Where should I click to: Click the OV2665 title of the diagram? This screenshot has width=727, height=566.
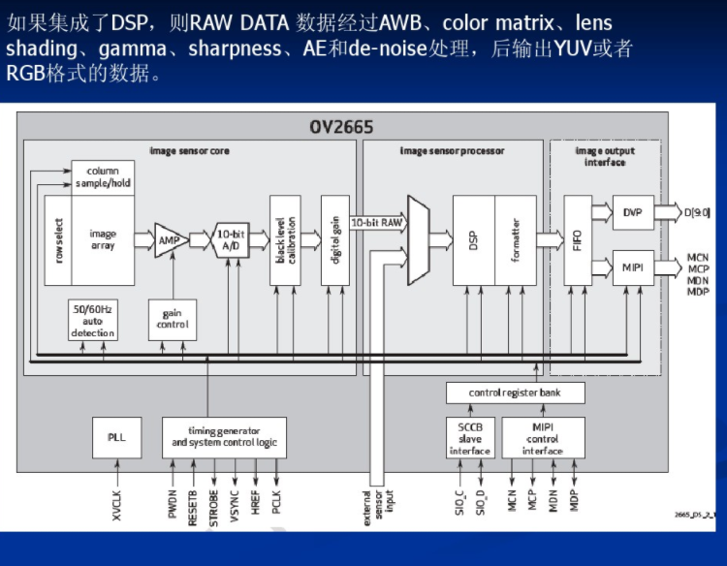click(341, 127)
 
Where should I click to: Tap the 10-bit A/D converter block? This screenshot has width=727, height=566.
click(231, 239)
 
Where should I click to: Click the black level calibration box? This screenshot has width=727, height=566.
click(283, 238)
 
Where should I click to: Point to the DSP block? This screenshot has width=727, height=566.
click(473, 239)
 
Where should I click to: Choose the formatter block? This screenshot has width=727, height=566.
click(515, 239)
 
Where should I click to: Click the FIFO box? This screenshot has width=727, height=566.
click(578, 239)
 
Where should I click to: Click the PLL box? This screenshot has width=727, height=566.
click(116, 437)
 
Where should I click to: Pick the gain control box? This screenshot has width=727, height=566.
click(173, 318)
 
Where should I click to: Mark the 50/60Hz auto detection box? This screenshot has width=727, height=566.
click(92, 320)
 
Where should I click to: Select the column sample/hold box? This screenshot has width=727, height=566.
click(102, 176)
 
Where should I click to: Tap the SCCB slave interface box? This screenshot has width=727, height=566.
click(469, 437)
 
